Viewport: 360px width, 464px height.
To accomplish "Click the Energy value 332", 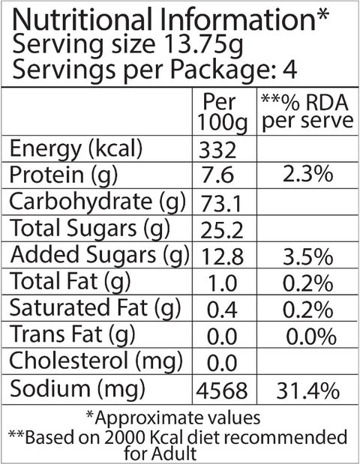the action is (217, 150).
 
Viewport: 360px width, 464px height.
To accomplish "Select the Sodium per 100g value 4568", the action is (222, 391).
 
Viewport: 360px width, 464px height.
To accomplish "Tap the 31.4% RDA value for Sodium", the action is (308, 391).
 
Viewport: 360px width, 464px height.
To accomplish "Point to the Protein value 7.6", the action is (217, 175).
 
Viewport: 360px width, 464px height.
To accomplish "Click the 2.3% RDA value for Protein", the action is (308, 174).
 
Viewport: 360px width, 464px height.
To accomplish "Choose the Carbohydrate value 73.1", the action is (220, 204).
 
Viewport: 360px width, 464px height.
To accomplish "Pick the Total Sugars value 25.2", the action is (222, 230).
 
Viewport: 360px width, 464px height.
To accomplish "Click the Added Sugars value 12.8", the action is (222, 256).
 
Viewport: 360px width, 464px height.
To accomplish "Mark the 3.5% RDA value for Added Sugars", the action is (308, 256).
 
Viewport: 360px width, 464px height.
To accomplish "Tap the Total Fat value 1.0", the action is (223, 283).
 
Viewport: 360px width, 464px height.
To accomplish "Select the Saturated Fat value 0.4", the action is (222, 310).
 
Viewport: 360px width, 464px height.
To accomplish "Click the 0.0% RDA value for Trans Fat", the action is (311, 337).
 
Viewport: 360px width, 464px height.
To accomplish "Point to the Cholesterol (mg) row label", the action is (96, 361).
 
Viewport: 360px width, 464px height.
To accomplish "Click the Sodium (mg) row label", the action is (77, 388).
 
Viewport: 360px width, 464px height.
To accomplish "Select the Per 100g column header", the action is (222, 112).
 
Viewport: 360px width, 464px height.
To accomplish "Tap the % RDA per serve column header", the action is (307, 112).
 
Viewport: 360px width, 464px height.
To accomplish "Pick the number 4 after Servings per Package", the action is (289, 70).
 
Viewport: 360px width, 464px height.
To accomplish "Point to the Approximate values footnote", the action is (173, 418).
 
